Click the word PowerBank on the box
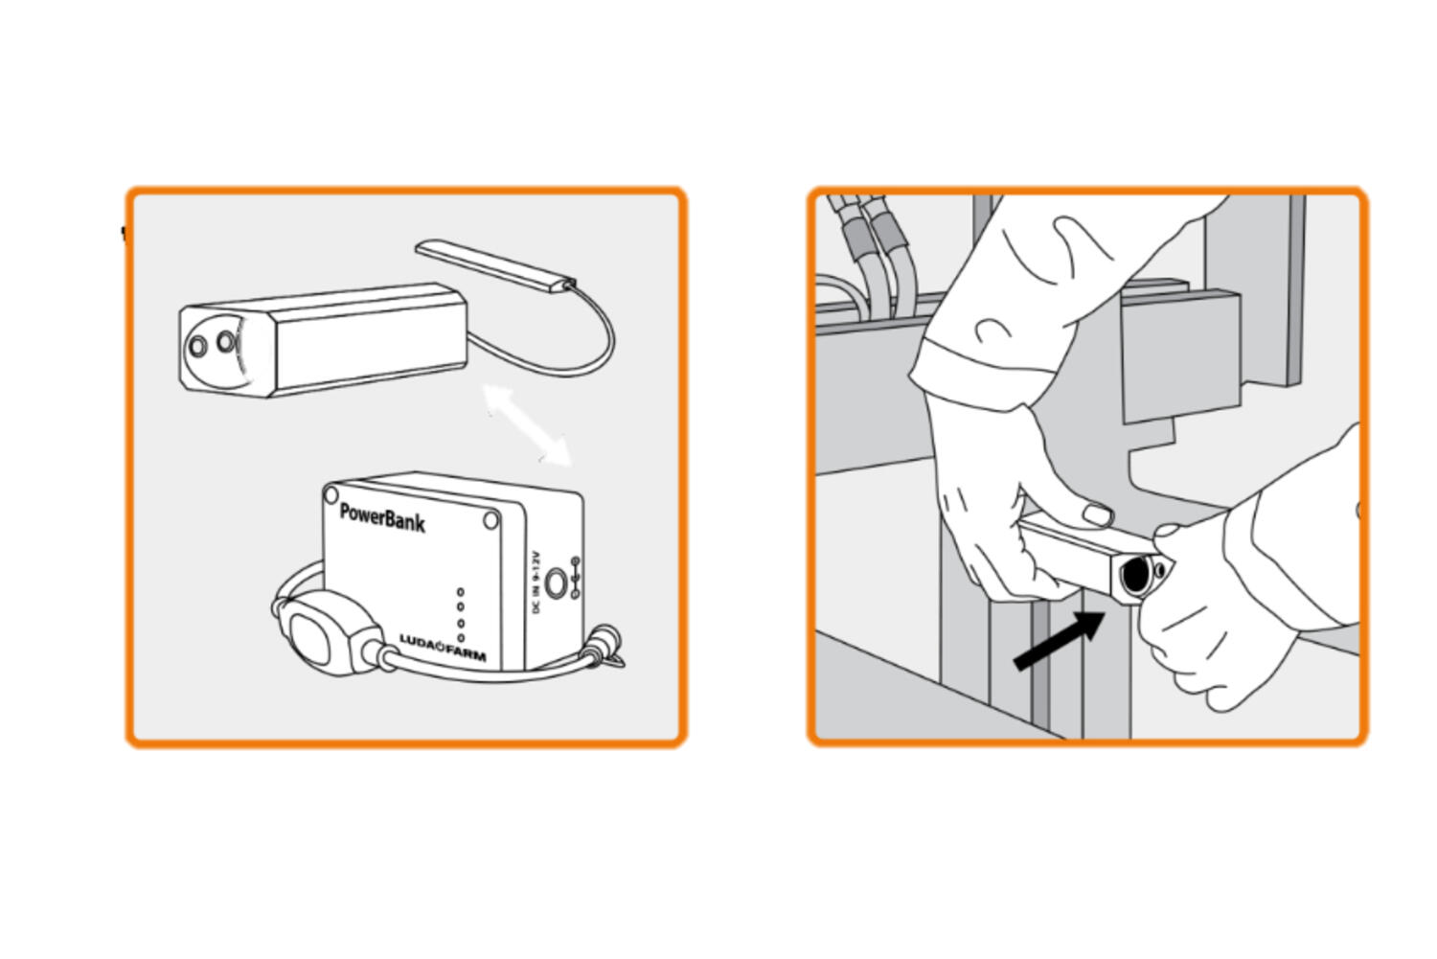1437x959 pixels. [x=382, y=517]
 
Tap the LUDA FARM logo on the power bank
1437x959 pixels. [x=442, y=649]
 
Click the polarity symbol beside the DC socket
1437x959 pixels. [x=575, y=577]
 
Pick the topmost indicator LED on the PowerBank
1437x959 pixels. [x=461, y=593]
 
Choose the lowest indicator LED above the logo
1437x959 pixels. [x=461, y=637]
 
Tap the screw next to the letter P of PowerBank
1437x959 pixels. [x=331, y=495]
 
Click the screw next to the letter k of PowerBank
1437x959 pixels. [x=490, y=520]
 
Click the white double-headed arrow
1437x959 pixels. [x=527, y=424]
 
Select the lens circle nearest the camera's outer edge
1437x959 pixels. [x=197, y=346]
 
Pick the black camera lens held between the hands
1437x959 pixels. [x=1135, y=575]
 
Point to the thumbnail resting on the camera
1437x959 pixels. [x=1097, y=515]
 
